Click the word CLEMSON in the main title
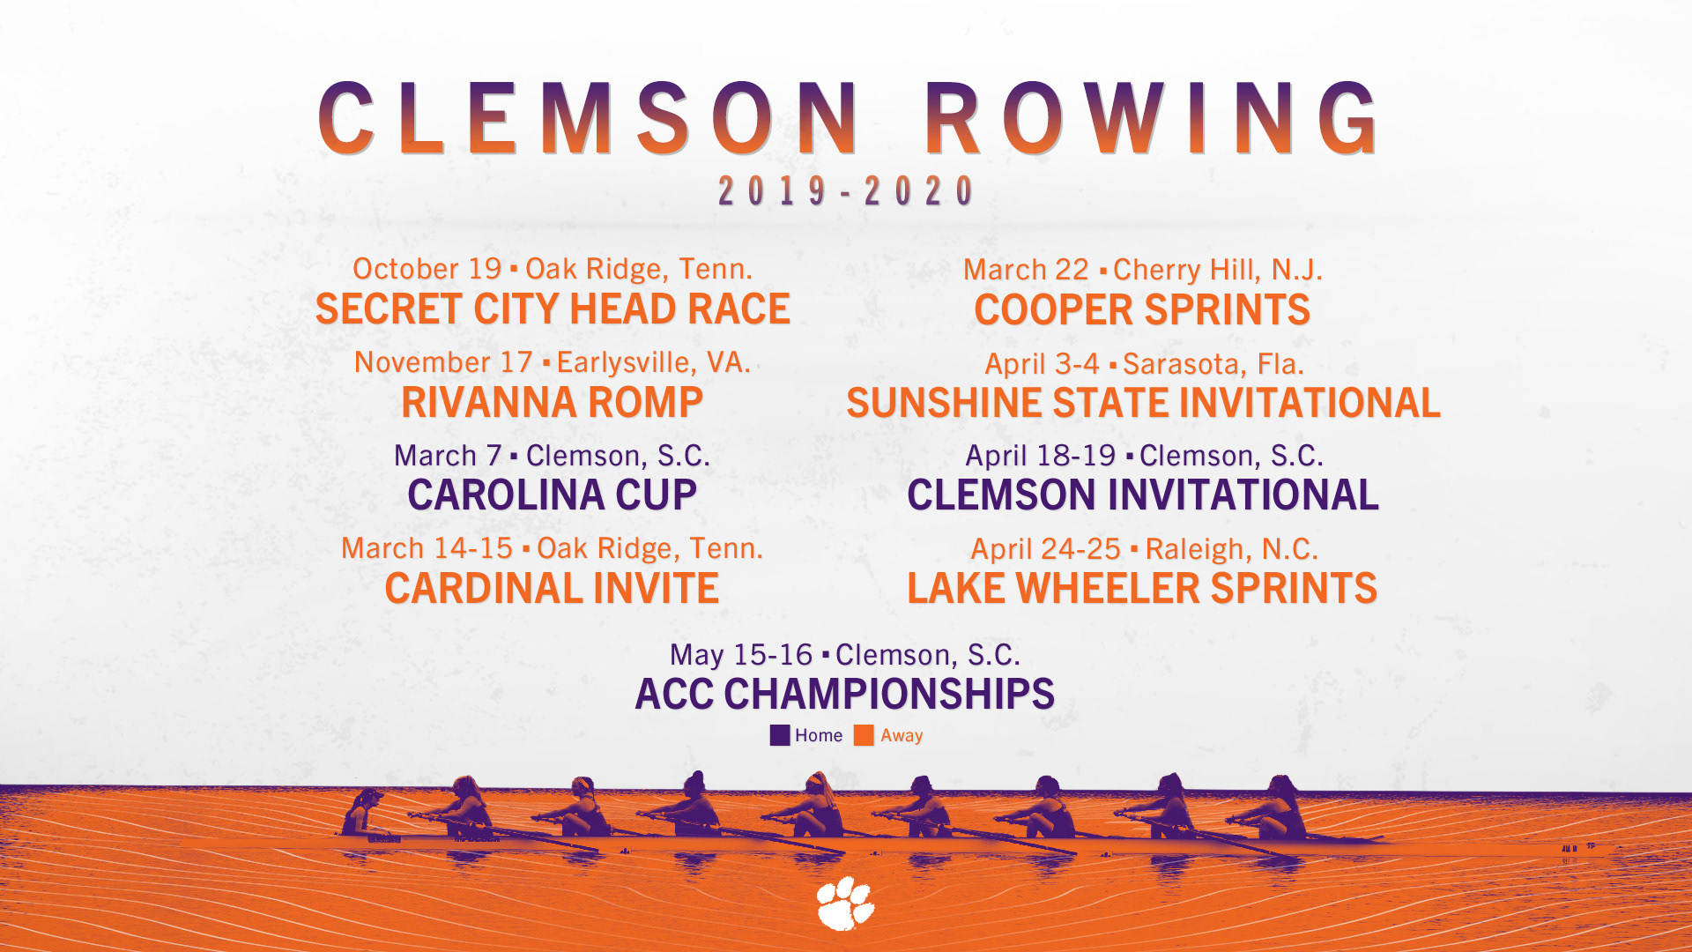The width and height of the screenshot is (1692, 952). pos(589,118)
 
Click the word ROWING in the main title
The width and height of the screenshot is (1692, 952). pos(1151,118)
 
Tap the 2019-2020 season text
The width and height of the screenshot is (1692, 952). pos(846,190)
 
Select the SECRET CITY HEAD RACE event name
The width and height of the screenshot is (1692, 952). pos(553,309)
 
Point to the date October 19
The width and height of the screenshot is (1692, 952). pos(427,268)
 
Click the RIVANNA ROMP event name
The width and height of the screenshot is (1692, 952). pos(552,403)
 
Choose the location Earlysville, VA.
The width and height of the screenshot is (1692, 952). pos(653,362)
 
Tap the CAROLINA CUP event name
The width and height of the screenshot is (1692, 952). pos(552,495)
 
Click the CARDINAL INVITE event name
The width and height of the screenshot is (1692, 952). pos(552,589)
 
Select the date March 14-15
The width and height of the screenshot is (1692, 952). pos(427,548)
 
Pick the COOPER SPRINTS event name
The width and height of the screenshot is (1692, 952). pos(1142,310)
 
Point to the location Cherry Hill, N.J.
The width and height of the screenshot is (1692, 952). pos(1218,270)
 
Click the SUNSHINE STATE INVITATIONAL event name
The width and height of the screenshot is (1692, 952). pos(1143,404)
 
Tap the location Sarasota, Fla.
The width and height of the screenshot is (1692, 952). pos(1213,363)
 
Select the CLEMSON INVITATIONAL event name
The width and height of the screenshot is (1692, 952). pos(1142,495)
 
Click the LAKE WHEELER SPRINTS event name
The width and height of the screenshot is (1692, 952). pos(1142,589)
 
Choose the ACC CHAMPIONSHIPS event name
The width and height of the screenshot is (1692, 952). pos(845,695)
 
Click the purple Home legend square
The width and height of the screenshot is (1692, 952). pos(780,735)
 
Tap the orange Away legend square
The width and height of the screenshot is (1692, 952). pos(864,735)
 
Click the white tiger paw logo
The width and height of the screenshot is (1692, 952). pos(845,903)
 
